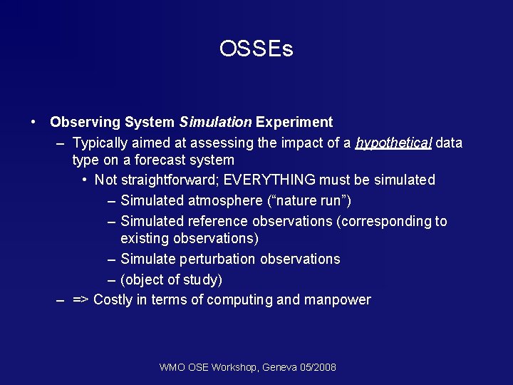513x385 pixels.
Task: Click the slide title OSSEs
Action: pos(256,48)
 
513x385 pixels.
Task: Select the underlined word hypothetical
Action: pos(393,143)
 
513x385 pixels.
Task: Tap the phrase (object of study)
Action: pos(171,279)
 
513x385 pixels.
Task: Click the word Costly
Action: pos(113,299)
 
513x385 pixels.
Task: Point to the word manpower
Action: pos(337,299)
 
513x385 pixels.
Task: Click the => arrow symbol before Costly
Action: pos(81,299)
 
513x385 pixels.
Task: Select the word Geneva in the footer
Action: pos(280,367)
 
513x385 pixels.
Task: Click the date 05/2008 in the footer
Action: pos(318,367)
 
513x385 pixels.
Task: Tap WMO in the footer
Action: pos(172,367)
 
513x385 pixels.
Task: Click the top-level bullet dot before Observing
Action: pos(34,122)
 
